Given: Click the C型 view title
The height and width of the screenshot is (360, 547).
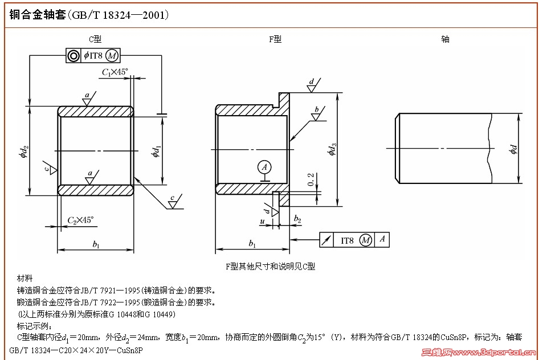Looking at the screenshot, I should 95,39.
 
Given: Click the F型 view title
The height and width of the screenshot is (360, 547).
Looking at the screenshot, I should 275,39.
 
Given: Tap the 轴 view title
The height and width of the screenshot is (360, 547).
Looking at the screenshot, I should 446,39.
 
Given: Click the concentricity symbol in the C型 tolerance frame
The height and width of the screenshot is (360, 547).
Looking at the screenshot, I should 74,56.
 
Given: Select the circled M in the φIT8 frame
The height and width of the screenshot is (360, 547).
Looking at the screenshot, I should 112,56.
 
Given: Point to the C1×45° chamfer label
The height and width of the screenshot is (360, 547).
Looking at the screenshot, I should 115,72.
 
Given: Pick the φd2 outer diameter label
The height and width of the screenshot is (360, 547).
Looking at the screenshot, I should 23,152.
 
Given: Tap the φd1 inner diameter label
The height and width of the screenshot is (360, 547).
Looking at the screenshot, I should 156,152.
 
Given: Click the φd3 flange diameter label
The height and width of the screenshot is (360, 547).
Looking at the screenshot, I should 332,150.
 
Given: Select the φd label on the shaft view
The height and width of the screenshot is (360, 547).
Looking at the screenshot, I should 513,150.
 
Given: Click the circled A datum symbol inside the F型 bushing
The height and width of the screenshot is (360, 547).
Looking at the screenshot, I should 263,167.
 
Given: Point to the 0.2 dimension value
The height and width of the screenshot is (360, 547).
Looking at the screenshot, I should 311,180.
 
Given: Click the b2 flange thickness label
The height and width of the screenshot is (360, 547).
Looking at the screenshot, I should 297,219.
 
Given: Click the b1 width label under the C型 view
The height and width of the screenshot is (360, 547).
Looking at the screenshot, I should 96,245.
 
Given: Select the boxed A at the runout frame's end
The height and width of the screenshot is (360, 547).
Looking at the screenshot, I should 382,240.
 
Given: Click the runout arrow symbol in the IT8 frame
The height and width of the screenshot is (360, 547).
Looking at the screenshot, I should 326,240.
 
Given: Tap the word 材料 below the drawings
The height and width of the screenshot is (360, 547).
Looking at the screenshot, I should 25,279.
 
